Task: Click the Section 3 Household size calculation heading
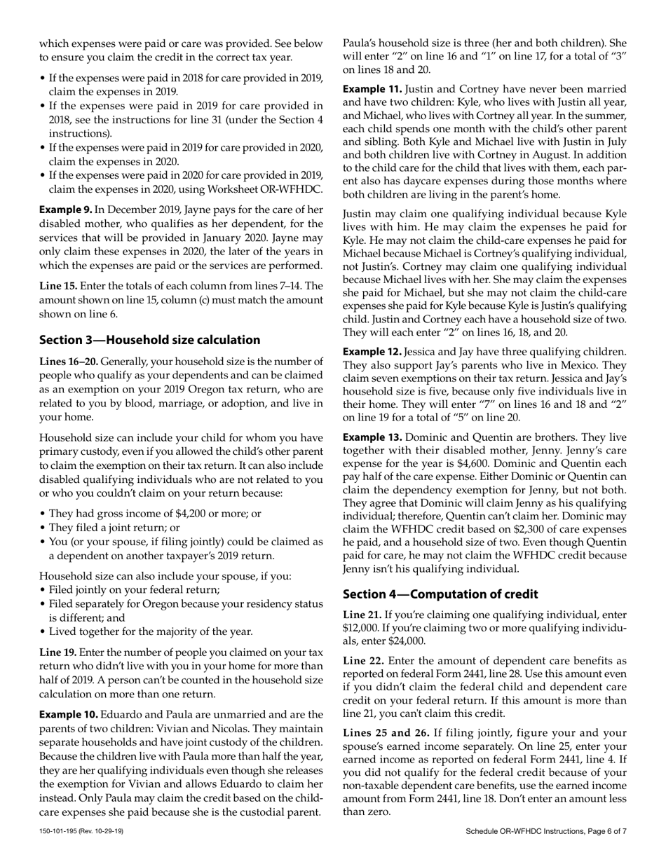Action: (149, 340)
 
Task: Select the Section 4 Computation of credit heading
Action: (440, 594)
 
